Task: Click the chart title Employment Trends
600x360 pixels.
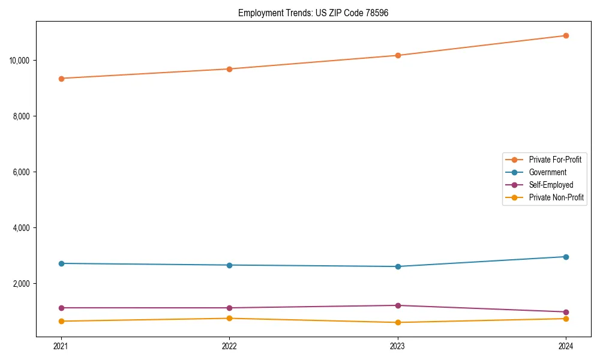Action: (313, 13)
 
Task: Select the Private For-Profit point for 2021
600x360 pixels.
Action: (61, 79)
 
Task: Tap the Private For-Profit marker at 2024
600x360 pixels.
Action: (566, 35)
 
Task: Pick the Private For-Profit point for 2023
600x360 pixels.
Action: (398, 55)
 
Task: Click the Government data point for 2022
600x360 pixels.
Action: (229, 265)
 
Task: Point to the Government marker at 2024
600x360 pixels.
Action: (566, 257)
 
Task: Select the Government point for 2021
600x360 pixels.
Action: (61, 263)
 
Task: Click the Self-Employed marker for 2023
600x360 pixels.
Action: (398, 305)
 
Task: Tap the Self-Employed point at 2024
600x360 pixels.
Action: (566, 312)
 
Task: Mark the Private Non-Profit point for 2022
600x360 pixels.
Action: (229, 318)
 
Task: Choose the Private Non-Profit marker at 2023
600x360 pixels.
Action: (398, 322)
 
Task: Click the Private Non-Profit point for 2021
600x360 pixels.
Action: (61, 321)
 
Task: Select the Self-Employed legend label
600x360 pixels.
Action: (551, 185)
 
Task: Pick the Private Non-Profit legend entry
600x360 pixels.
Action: (556, 197)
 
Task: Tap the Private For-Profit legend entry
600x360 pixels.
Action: (555, 160)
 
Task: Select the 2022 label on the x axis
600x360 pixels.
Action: (229, 346)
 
